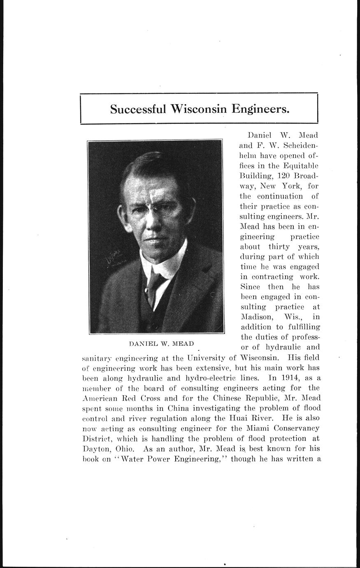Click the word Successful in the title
tap(138, 109)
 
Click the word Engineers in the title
tap(260, 109)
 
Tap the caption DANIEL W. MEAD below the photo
tap(158, 343)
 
